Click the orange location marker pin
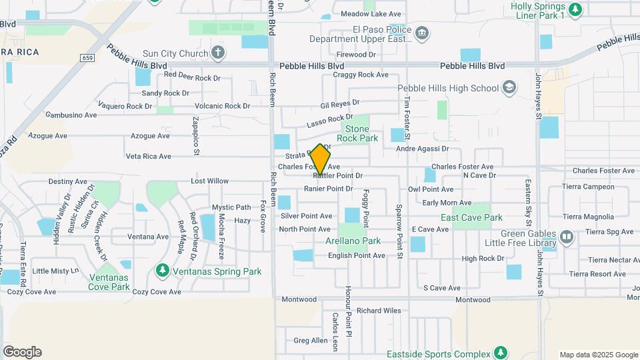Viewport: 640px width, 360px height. [x=321, y=160]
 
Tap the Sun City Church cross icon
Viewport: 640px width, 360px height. [x=218, y=52]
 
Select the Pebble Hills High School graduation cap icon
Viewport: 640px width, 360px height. [x=509, y=88]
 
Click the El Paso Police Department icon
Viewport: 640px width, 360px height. [x=421, y=33]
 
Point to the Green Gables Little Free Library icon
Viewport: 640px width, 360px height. [x=566, y=237]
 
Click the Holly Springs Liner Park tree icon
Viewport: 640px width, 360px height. [x=576, y=9]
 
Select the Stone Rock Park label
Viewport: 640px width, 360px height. [x=357, y=133]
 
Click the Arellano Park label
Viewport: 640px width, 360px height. [x=353, y=241]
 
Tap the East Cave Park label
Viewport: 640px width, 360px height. [x=471, y=217]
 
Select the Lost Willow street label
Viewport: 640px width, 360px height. [x=209, y=181]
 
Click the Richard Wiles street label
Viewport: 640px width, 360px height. [x=379, y=310]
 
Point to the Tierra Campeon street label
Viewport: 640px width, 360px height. [x=589, y=187]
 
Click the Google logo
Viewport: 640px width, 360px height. [x=22, y=352]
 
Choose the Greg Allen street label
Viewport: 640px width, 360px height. [x=311, y=341]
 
